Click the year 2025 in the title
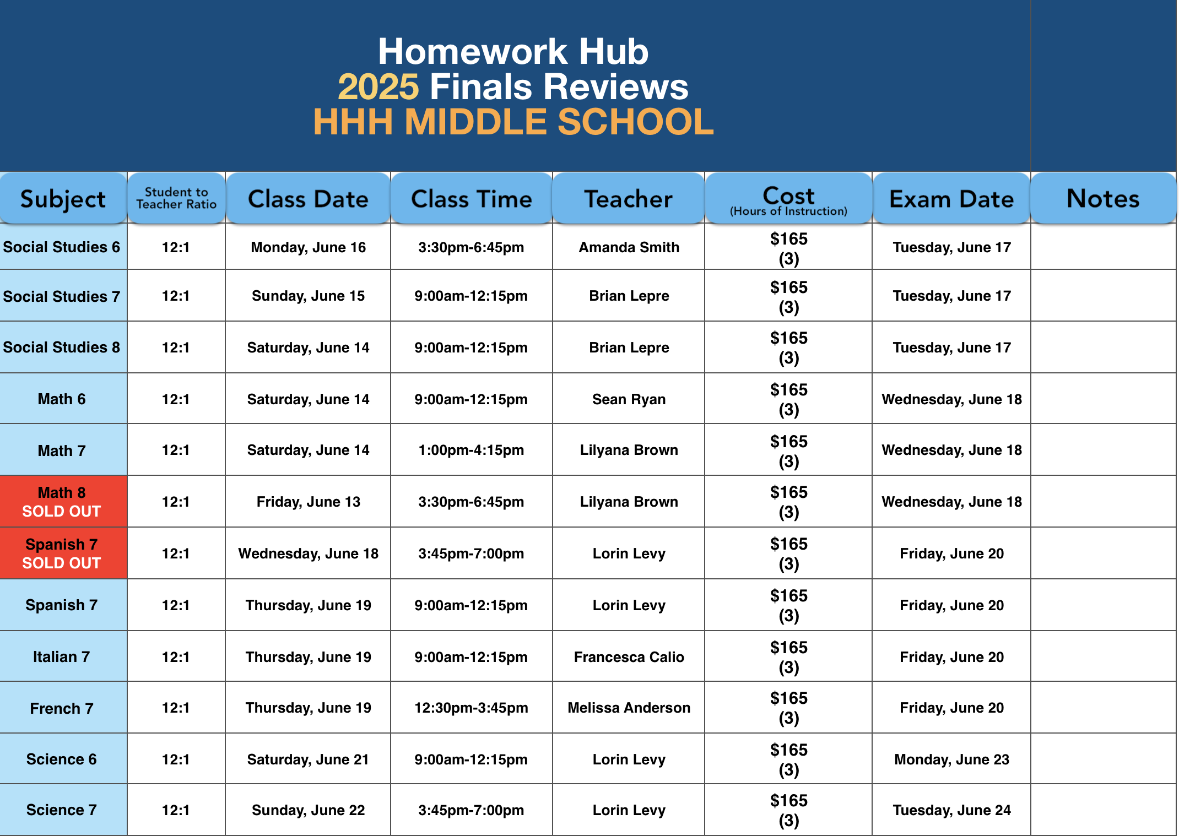click(378, 87)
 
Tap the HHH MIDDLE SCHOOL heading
click(513, 122)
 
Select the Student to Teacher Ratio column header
click(176, 198)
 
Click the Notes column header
click(1103, 198)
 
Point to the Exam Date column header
click(951, 199)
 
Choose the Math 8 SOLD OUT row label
click(62, 502)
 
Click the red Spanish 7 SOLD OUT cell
click(62, 553)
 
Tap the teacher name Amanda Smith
click(629, 247)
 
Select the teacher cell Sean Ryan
click(629, 399)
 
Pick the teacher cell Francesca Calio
click(629, 657)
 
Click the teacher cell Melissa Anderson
click(629, 708)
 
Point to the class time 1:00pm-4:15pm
click(471, 450)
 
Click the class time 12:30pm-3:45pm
click(471, 708)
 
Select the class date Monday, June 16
click(308, 247)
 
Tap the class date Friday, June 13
click(308, 502)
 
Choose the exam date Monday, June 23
click(951, 759)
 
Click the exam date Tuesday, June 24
click(951, 810)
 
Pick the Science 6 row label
click(62, 759)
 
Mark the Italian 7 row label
click(62, 657)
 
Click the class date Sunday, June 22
click(308, 810)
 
